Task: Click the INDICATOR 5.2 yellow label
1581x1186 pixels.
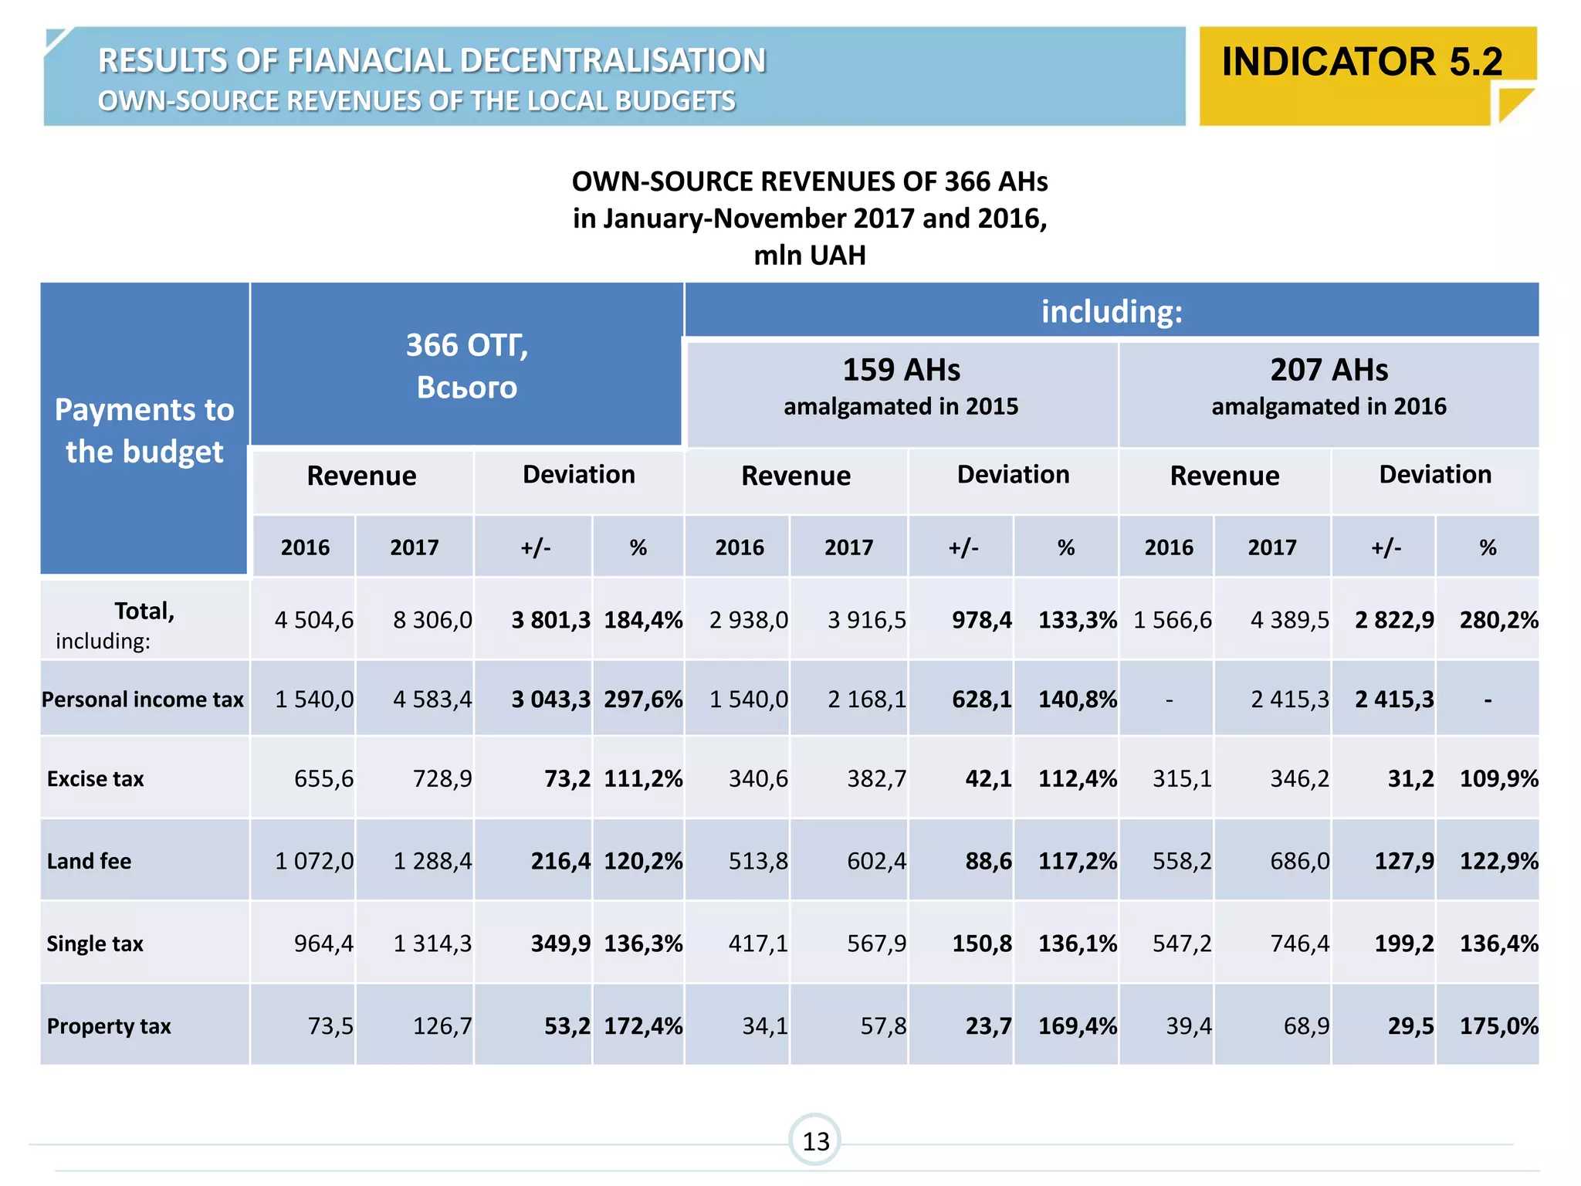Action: click(x=1362, y=63)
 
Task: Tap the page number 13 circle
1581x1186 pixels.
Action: click(x=815, y=1140)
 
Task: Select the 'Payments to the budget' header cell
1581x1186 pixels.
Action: click(x=144, y=430)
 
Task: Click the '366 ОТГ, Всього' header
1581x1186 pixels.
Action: click(x=467, y=365)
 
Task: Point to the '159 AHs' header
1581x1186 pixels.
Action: click(x=901, y=371)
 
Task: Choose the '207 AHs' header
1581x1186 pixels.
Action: click(x=1329, y=371)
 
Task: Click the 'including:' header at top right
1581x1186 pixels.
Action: click(x=1112, y=312)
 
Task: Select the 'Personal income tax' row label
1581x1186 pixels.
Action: click(x=143, y=700)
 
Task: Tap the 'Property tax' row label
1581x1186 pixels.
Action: click(x=109, y=1026)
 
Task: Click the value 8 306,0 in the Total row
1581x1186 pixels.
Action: click(x=432, y=620)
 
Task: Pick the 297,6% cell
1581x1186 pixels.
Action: click(x=643, y=700)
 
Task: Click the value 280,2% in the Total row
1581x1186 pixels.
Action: click(x=1498, y=620)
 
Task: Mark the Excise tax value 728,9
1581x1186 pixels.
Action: click(x=442, y=778)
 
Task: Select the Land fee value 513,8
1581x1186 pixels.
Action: click(x=758, y=861)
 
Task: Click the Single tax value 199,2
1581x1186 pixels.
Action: click(x=1403, y=944)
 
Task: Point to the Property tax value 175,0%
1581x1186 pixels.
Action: click(x=1498, y=1026)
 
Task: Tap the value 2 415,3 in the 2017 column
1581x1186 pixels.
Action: click(x=1290, y=700)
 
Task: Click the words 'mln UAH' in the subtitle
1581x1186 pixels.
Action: click(x=810, y=256)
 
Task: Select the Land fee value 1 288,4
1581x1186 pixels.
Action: click(x=432, y=861)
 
